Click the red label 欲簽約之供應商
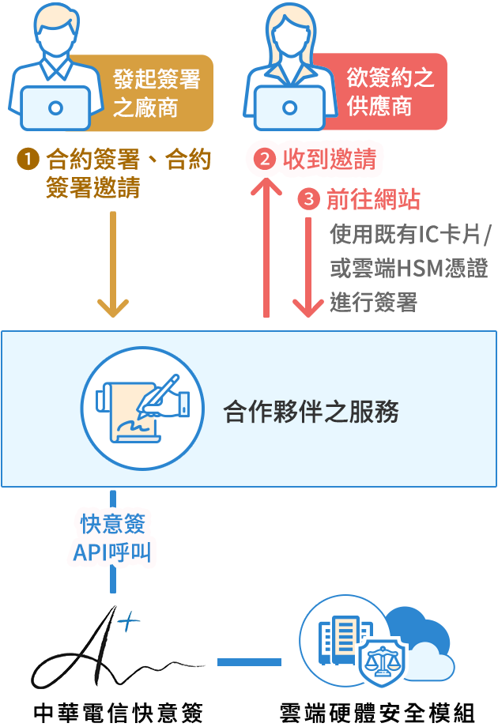point(390,92)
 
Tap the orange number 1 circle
point(28,160)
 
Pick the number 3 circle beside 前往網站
point(308,199)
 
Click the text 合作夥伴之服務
point(311,412)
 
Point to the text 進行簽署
point(372,303)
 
